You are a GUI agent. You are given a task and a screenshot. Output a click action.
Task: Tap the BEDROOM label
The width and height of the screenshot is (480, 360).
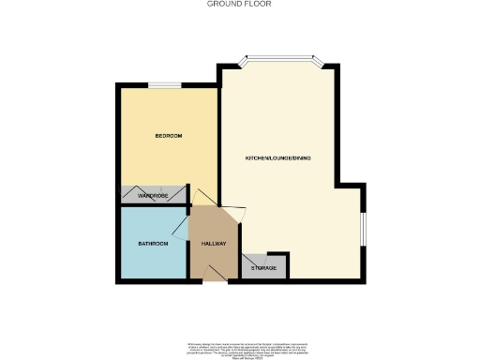pyautogui.click(x=169, y=137)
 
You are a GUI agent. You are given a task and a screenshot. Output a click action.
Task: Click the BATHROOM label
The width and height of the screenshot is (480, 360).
pyautogui.click(x=153, y=244)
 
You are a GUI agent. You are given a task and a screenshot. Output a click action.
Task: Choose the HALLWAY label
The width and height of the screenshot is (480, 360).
pyautogui.click(x=215, y=244)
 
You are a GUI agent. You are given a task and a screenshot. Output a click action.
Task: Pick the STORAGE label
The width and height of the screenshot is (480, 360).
pyautogui.click(x=264, y=269)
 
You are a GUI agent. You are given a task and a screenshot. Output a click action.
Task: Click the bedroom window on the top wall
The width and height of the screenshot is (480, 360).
pyautogui.click(x=165, y=86)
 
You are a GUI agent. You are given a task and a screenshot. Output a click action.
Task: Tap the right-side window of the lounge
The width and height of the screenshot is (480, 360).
pyautogui.click(x=363, y=226)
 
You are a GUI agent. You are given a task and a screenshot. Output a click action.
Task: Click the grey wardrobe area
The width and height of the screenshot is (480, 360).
pyautogui.click(x=131, y=195)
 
